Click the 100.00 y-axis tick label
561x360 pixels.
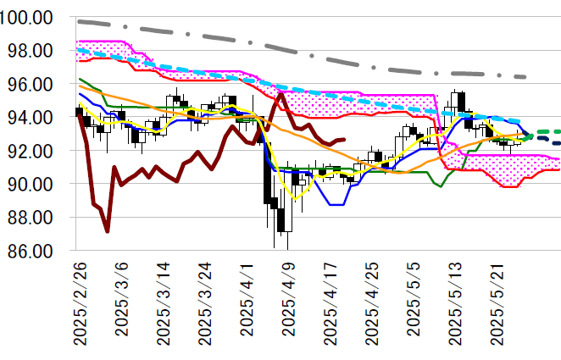pos(29,18)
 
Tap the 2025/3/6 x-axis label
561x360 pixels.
pos(119,298)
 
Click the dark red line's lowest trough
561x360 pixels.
pos(107,230)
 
